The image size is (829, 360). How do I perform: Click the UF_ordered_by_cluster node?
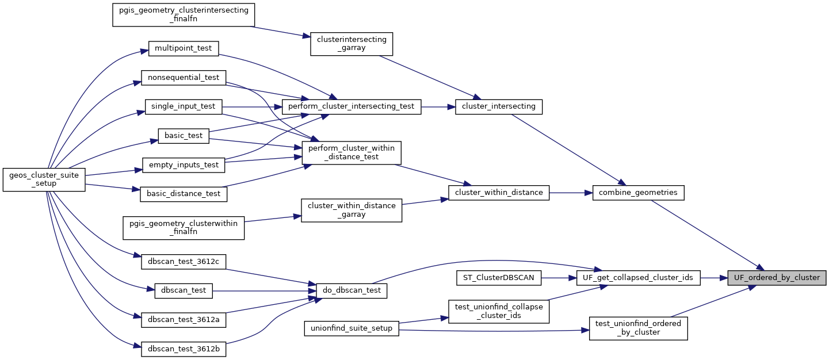pyautogui.click(x=777, y=278)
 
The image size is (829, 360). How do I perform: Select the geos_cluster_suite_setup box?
pyautogui.click(x=44, y=179)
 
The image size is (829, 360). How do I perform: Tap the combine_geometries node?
pyautogui.click(x=638, y=193)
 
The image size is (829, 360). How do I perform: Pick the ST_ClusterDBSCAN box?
pyautogui.click(x=499, y=278)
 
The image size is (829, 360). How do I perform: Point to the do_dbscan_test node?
pyautogui.click(x=352, y=291)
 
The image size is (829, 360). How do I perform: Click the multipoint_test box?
pyautogui.click(x=184, y=48)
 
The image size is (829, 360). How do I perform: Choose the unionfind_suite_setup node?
pyautogui.click(x=351, y=328)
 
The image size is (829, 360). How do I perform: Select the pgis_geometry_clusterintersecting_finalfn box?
pyautogui.click(x=184, y=15)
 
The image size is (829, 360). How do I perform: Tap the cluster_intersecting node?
pyautogui.click(x=499, y=106)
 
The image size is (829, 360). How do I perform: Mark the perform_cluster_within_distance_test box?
pyautogui.click(x=352, y=153)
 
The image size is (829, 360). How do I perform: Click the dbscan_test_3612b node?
pyautogui.click(x=184, y=349)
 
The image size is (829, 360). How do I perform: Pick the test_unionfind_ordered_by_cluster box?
pyautogui.click(x=638, y=328)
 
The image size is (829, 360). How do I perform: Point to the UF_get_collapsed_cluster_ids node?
pyautogui.click(x=638, y=278)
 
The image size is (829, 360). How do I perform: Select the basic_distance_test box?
pyautogui.click(x=184, y=194)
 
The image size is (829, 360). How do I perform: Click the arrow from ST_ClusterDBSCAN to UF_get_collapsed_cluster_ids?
pyautogui.click(x=559, y=278)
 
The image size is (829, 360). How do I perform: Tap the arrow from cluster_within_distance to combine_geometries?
pyautogui.click(x=571, y=193)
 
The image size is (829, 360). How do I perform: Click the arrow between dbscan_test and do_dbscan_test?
pyautogui.click(x=265, y=291)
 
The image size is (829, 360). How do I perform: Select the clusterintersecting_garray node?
pyautogui.click(x=352, y=44)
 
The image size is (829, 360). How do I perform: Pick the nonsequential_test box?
pyautogui.click(x=184, y=77)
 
